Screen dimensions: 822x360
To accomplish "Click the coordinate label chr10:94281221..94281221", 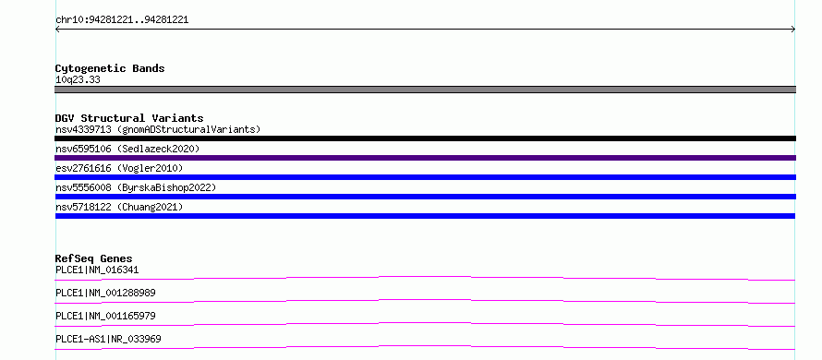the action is click(122, 20).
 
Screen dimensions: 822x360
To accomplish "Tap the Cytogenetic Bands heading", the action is click(110, 68).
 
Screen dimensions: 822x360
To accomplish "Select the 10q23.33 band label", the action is click(78, 79).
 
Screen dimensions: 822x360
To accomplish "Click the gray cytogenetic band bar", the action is click(425, 90).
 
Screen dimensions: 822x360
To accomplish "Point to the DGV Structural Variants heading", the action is click(129, 118).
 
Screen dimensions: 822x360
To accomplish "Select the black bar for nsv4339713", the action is click(425, 138).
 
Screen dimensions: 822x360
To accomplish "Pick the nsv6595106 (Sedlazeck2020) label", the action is click(127, 149).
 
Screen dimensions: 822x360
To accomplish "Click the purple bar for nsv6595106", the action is click(425, 158).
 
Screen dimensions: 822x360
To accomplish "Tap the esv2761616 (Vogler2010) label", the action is click(119, 168).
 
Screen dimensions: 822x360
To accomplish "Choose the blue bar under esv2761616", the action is click(425, 177).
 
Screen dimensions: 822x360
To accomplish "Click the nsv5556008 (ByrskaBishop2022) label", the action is click(136, 187).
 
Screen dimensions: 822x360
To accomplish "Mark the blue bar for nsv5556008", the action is click(425, 197).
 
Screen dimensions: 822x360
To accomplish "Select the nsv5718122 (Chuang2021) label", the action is click(119, 207).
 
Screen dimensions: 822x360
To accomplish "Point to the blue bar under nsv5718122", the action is click(425, 216).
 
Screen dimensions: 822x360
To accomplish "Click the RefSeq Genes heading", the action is click(94, 258).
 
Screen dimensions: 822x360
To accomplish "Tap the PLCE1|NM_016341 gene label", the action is click(97, 270).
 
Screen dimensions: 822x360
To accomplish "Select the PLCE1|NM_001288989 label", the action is click(105, 293).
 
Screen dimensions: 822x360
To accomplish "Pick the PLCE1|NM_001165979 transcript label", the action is click(105, 316).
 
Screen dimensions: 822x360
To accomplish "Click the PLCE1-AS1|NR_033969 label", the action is click(108, 339).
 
